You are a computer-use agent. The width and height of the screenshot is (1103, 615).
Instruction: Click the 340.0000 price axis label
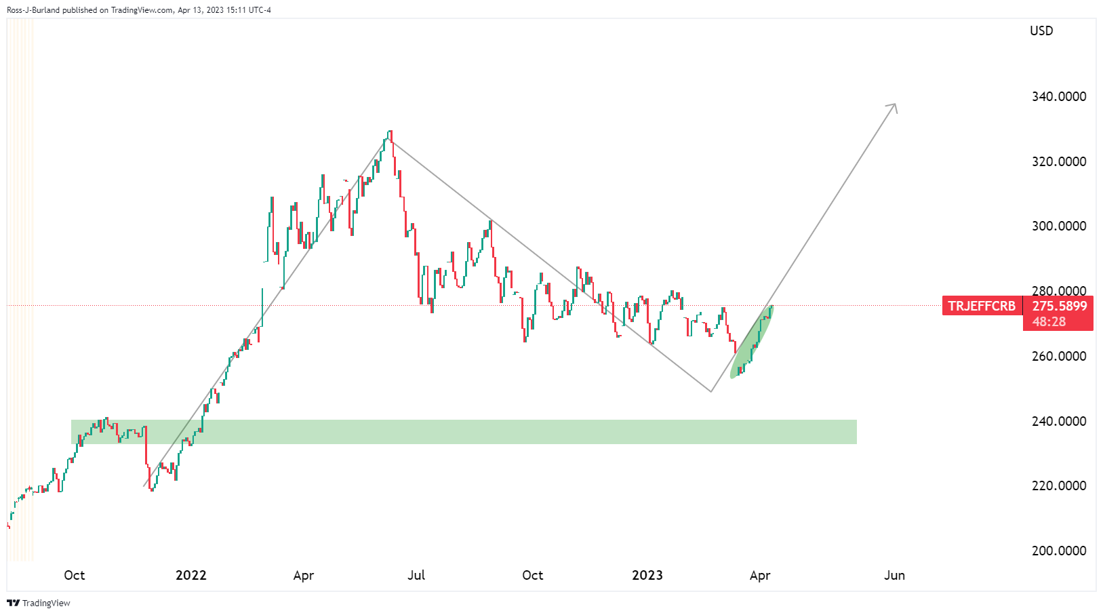pyautogui.click(x=1058, y=96)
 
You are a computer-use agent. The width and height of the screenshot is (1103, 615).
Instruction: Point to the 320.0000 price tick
pyautogui.click(x=1058, y=161)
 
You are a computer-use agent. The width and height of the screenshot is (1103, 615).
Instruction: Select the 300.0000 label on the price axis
pyautogui.click(x=1058, y=226)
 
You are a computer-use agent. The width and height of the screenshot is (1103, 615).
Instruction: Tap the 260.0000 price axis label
pyautogui.click(x=1058, y=356)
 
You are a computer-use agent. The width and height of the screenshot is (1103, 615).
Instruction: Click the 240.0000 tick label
pyautogui.click(x=1058, y=421)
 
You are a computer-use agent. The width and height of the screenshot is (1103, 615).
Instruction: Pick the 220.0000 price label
pyautogui.click(x=1058, y=485)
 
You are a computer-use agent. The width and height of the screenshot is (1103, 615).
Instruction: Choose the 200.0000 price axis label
pyautogui.click(x=1058, y=551)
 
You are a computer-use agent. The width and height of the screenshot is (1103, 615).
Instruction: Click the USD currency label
pyautogui.click(x=1041, y=31)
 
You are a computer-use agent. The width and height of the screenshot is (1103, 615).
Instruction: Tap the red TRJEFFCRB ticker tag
pyautogui.click(x=982, y=306)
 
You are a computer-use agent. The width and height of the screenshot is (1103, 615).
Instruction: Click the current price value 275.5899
pyautogui.click(x=1059, y=306)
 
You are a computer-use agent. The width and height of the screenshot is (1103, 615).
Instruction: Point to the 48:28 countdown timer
pyautogui.click(x=1049, y=321)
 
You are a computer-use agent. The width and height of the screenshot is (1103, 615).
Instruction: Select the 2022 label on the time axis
pyautogui.click(x=190, y=575)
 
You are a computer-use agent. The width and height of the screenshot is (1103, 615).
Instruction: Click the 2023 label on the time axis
pyautogui.click(x=647, y=575)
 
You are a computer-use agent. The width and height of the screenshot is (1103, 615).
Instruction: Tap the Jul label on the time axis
pyautogui.click(x=416, y=575)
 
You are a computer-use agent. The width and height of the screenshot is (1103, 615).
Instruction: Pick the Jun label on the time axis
pyautogui.click(x=894, y=575)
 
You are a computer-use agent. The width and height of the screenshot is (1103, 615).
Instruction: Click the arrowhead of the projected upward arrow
pyautogui.click(x=894, y=106)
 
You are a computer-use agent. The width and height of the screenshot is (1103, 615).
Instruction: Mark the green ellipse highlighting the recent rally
pyautogui.click(x=751, y=342)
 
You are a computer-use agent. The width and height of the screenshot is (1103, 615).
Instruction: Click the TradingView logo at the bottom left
pyautogui.click(x=39, y=603)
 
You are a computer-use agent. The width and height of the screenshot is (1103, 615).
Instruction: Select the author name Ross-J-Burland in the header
pyautogui.click(x=33, y=10)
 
